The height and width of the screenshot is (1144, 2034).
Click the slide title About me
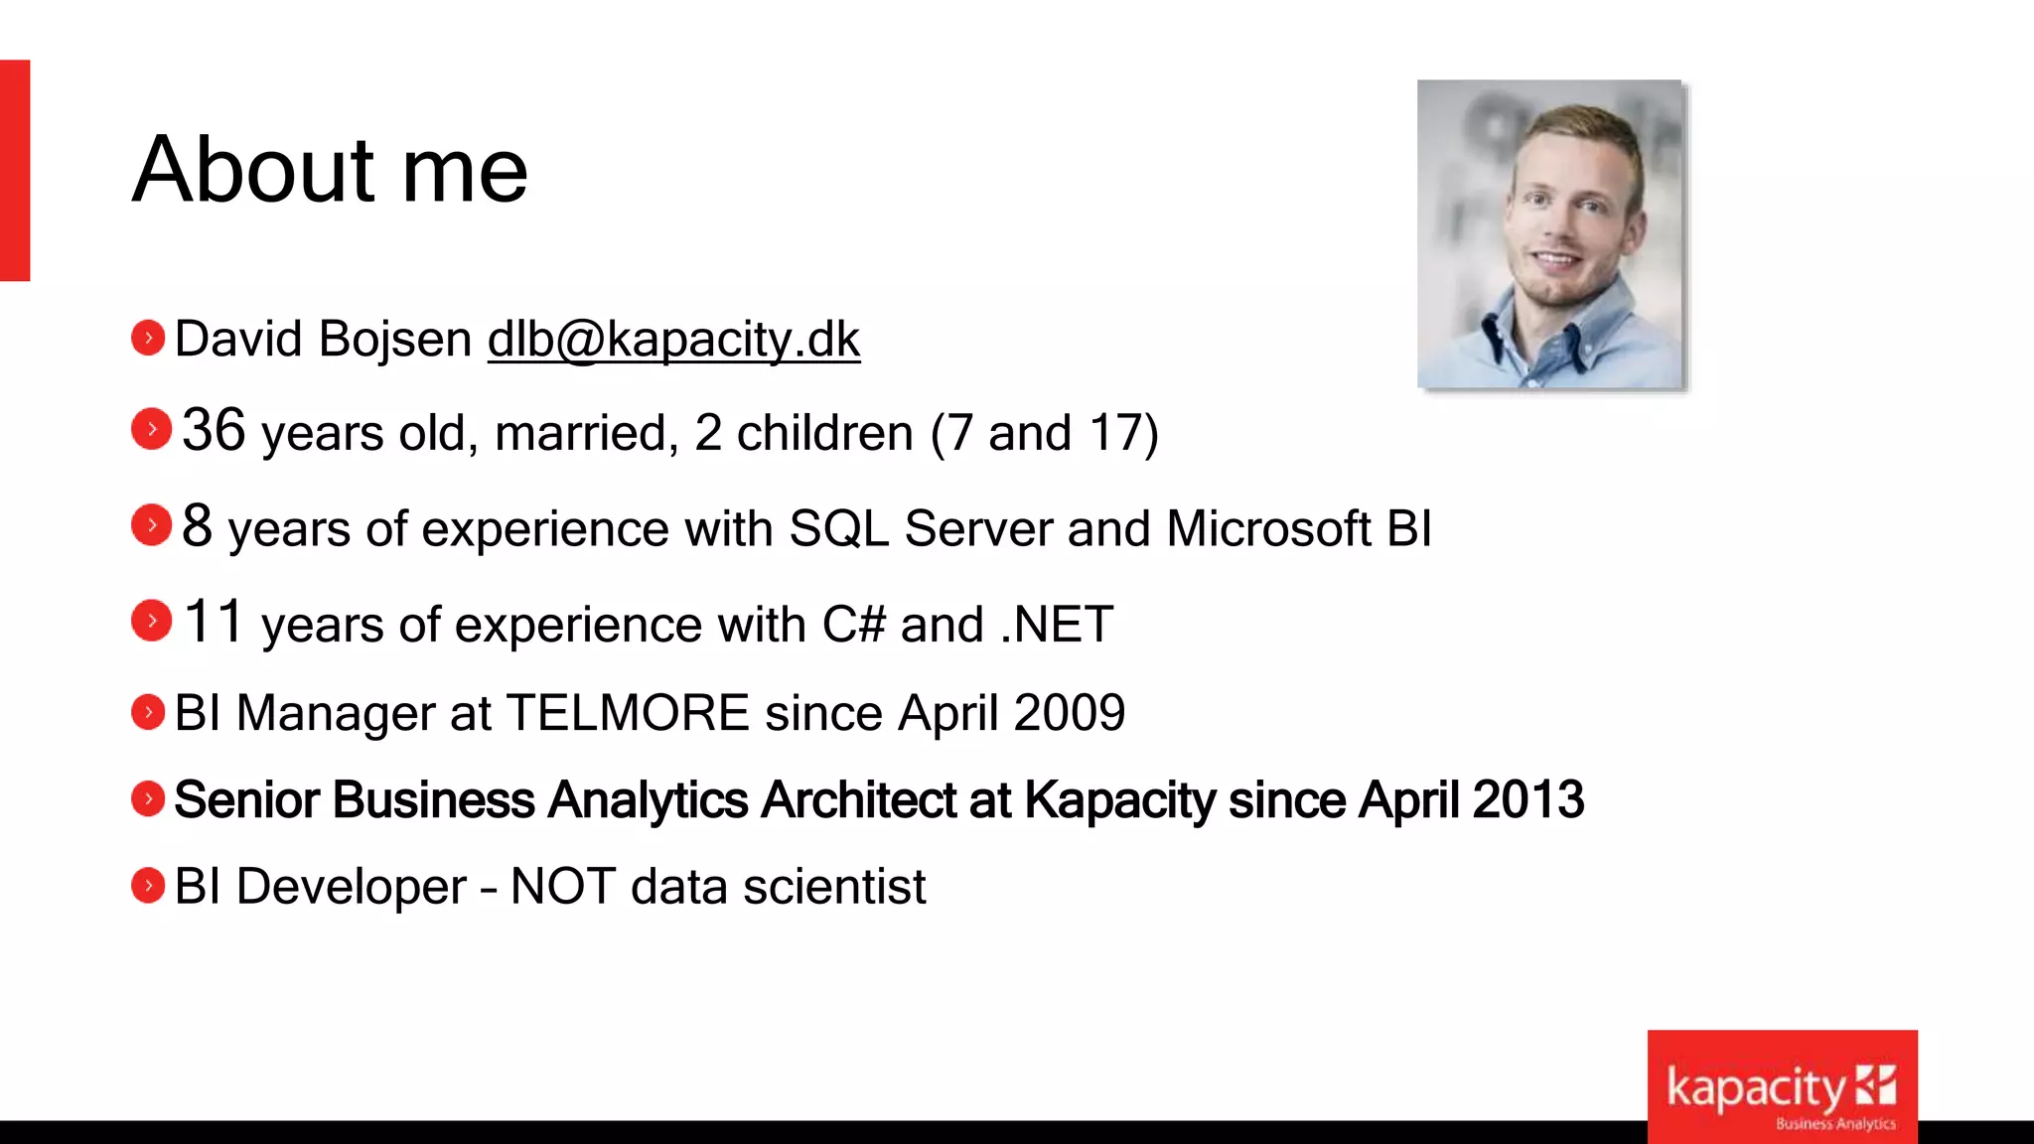tap(330, 171)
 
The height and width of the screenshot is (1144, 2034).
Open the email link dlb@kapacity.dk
tap(673, 340)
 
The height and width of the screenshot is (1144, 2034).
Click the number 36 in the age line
tap(214, 431)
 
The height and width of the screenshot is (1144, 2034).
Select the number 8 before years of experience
tap(197, 526)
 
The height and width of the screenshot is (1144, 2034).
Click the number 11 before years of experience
tap(213, 623)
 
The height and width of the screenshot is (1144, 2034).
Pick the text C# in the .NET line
tap(853, 625)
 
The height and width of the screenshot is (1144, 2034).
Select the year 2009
tap(1070, 713)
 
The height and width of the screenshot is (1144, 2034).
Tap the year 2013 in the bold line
tap(1528, 800)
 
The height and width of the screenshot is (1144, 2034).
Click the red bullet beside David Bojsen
tap(148, 339)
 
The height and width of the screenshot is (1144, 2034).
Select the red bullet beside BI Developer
tap(148, 886)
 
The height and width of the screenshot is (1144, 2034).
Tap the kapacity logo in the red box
tap(1782, 1088)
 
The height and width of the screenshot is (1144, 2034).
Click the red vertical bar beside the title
tap(15, 170)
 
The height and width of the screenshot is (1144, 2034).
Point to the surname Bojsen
tap(395, 340)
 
